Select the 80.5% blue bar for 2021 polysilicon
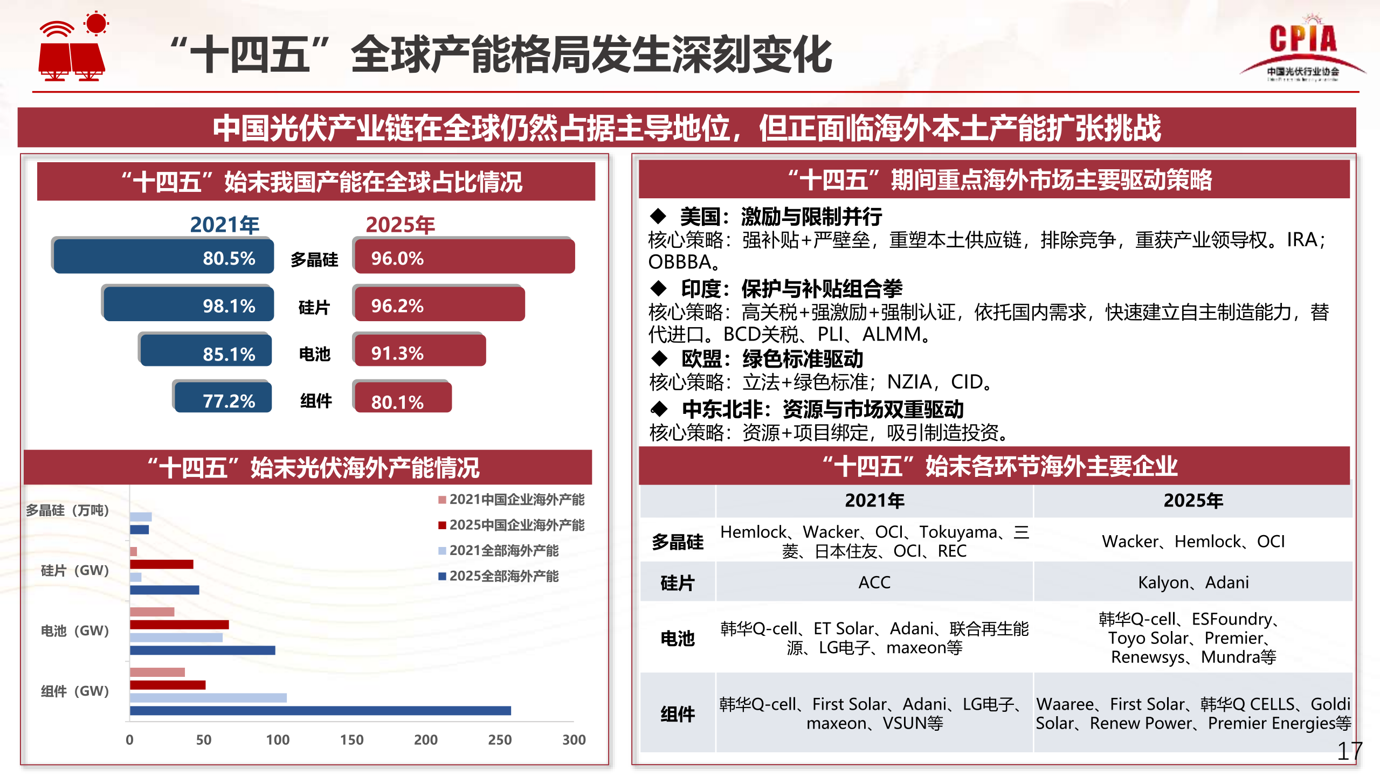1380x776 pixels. pos(163,257)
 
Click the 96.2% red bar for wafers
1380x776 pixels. pos(439,304)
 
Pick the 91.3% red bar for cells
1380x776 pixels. pos(420,351)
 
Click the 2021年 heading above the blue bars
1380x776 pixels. pos(225,225)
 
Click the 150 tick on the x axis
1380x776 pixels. pos(351,739)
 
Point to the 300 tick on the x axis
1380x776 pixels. pos(574,739)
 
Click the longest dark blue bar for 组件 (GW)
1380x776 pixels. pos(320,710)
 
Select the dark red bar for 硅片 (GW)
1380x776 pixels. pos(162,564)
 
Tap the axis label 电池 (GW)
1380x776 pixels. pos(75,630)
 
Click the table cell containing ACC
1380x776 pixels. pos(874,582)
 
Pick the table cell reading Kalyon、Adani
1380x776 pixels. pos(1193,582)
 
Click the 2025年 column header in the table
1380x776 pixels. pos(1193,501)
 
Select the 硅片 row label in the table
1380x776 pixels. pos(677,583)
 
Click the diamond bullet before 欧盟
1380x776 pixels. pos(659,358)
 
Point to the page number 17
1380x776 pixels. pos(1349,751)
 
